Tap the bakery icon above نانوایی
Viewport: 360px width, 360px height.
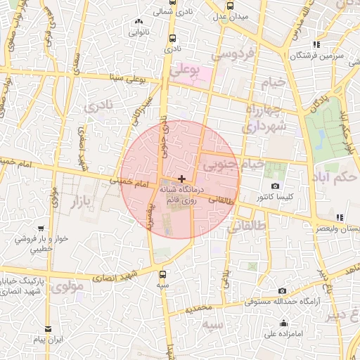click(139, 21)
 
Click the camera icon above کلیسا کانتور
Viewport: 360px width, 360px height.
click(274, 186)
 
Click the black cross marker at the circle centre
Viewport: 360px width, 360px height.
click(182, 179)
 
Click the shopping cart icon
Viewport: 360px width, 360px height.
click(42, 228)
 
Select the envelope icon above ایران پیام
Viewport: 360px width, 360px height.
click(49, 328)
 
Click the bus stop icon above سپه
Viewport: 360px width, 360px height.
click(164, 275)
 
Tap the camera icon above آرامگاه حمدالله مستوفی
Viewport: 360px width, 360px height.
click(282, 290)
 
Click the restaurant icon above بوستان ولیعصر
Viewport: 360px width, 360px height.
click(340, 217)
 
